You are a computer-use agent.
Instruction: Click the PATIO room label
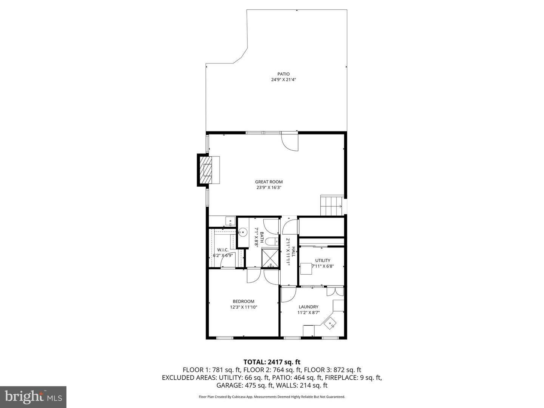tap(283, 74)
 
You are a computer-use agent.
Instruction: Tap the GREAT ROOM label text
tap(269, 182)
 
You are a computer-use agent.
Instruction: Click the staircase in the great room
tap(331, 206)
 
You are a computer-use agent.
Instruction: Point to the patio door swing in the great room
tap(290, 142)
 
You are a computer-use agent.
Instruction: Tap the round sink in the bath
tap(242, 232)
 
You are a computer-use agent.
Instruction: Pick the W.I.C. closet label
tap(223, 250)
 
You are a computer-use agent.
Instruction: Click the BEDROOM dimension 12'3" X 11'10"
tap(243, 307)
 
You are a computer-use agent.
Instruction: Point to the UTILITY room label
tap(322, 260)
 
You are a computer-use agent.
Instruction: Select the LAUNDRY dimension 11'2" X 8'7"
tap(308, 312)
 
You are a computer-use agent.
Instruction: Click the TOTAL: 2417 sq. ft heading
tap(272, 362)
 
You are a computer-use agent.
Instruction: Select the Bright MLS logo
tap(33, 397)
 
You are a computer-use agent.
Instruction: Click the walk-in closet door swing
tap(229, 262)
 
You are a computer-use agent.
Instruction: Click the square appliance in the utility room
tap(306, 268)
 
